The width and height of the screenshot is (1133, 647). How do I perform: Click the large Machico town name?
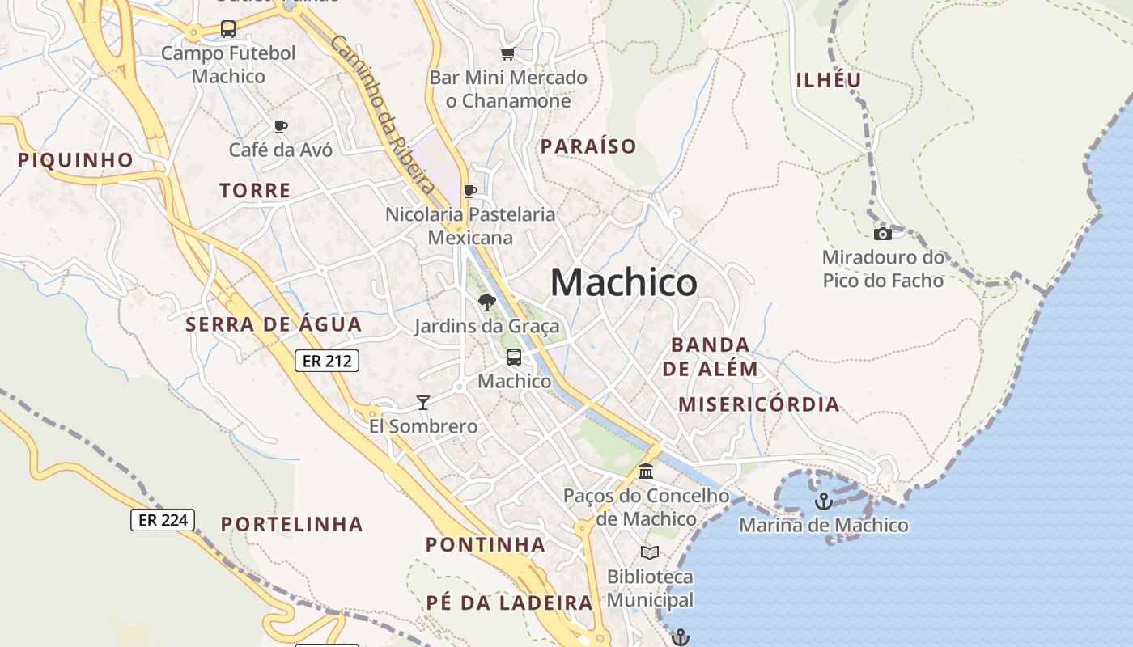(x=623, y=283)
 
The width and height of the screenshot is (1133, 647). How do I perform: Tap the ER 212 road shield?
(x=326, y=361)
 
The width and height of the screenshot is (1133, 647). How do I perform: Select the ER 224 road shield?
(x=163, y=520)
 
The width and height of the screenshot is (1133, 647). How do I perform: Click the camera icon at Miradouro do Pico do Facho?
(x=883, y=235)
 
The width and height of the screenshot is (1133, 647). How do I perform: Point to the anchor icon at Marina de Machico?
(x=823, y=501)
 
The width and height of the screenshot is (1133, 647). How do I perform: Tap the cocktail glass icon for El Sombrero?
(x=422, y=402)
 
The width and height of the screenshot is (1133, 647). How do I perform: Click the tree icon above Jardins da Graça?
(x=486, y=302)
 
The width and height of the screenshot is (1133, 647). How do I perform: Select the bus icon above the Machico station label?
(x=513, y=357)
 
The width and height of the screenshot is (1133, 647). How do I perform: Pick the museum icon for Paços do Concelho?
(x=646, y=471)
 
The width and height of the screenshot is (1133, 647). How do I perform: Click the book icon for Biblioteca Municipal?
(x=649, y=552)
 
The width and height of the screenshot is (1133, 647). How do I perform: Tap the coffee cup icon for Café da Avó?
(x=280, y=126)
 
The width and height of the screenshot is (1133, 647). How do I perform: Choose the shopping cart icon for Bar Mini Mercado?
(x=507, y=54)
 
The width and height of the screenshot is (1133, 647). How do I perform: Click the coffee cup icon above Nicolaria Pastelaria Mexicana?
(x=469, y=192)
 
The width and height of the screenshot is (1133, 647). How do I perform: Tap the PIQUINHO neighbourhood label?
(x=75, y=160)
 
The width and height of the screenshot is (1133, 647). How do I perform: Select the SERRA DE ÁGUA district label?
(x=274, y=325)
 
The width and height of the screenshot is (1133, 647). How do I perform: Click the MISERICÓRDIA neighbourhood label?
(x=758, y=404)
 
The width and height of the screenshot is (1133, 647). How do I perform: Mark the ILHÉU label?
(x=829, y=80)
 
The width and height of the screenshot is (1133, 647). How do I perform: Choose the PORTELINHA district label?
(x=291, y=524)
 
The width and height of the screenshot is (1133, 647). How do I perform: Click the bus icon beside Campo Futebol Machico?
(x=228, y=30)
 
